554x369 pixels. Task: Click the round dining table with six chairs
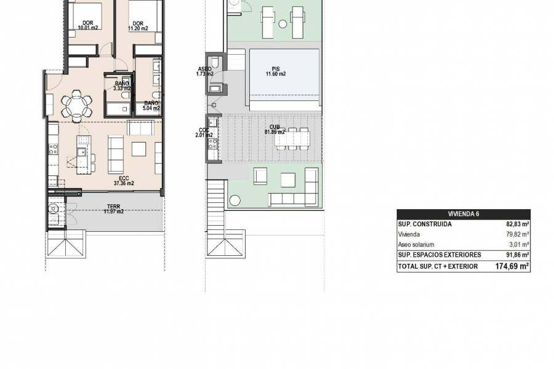76,105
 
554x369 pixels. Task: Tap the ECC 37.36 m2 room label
124,180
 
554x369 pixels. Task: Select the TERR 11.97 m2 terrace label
113,208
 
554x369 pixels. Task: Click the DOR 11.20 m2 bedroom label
138,25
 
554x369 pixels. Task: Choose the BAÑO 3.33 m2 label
121,85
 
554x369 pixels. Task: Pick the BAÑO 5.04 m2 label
151,106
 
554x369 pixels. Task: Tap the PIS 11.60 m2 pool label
275,71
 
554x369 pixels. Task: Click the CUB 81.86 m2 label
274,129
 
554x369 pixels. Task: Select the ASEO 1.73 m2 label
205,71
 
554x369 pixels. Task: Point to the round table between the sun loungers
282,25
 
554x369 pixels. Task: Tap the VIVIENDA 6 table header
464,214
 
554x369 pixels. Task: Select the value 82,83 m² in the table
516,224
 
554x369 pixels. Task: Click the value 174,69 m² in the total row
512,266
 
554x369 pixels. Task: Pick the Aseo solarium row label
415,244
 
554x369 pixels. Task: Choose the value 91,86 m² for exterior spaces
516,255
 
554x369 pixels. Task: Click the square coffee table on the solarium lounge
287,180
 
